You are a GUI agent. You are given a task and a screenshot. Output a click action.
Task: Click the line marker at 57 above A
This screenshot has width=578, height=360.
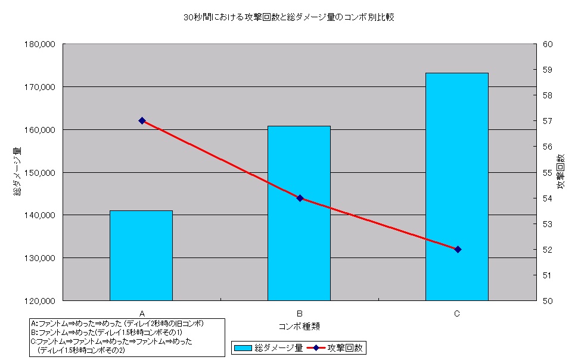pos(142,120)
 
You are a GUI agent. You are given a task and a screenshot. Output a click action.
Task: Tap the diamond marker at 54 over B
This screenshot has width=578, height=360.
pos(300,198)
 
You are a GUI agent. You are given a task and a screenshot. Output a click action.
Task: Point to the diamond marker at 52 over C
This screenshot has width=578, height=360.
pos(458,249)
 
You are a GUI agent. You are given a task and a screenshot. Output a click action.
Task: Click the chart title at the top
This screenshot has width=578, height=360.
pos(289,17)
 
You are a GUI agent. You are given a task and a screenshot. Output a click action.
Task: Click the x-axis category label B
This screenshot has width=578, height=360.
pos(300,313)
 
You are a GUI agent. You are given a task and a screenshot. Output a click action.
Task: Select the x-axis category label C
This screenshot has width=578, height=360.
pos(457,313)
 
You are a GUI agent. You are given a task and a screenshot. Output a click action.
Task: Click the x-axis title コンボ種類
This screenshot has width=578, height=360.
pos(299,326)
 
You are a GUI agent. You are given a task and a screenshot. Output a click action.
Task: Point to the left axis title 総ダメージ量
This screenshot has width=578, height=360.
pos(18,172)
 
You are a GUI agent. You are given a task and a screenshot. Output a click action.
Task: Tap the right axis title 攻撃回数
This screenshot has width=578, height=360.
pos(561,172)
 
